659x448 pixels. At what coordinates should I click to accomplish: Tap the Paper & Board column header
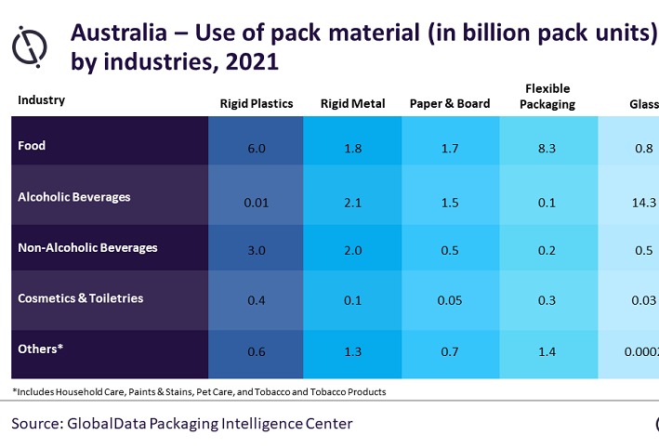point(450,103)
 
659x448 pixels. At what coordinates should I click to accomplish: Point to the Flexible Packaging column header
point(547,96)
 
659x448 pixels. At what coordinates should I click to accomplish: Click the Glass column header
point(640,103)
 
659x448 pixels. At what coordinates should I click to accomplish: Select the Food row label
point(32,146)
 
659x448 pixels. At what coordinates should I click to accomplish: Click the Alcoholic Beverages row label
point(74,197)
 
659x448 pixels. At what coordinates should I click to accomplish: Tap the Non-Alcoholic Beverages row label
point(87,248)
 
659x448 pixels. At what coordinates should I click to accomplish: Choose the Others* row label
point(40,349)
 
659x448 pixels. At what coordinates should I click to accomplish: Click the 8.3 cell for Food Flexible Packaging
point(547,147)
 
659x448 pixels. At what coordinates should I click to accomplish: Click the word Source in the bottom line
point(37,424)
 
